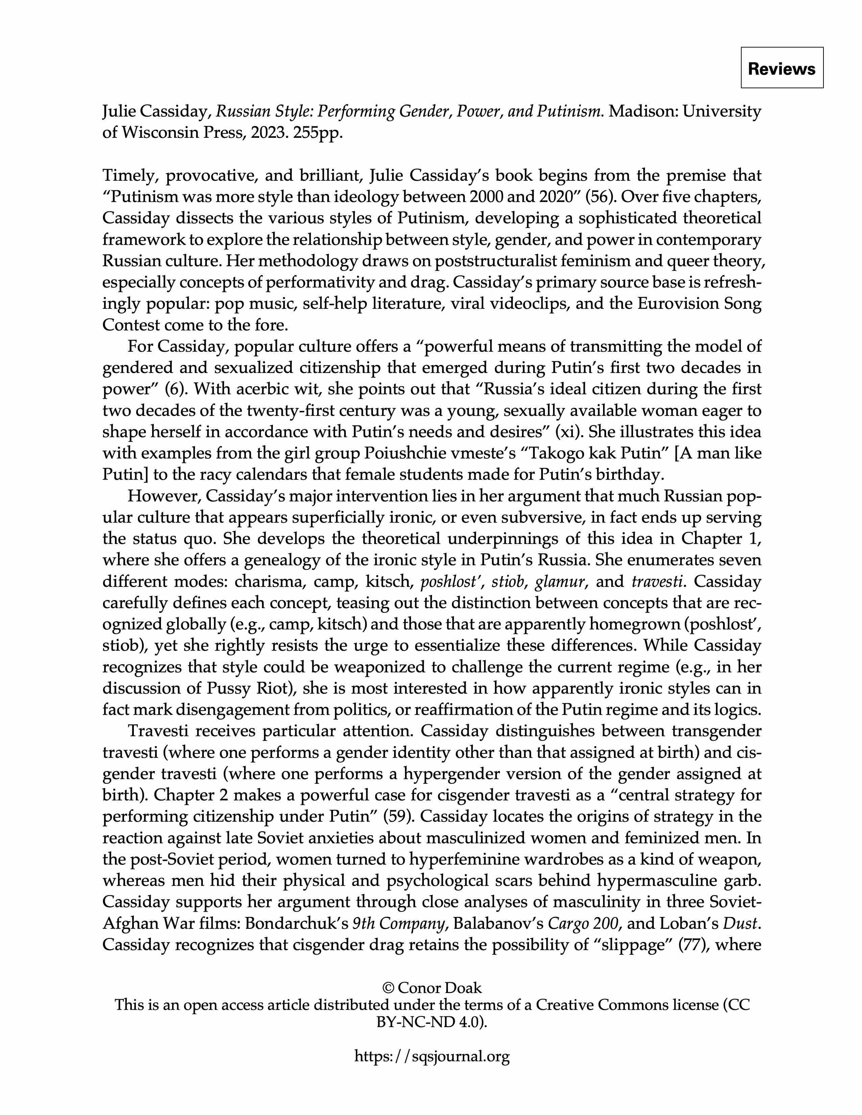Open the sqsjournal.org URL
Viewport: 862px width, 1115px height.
click(x=432, y=1056)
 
